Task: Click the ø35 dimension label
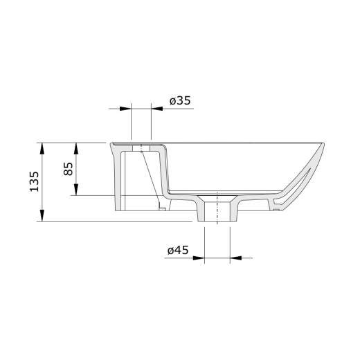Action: point(180,101)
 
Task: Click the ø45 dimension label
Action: point(178,250)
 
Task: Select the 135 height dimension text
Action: point(35,181)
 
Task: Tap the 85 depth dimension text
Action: point(69,169)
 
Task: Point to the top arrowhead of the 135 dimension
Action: point(42,148)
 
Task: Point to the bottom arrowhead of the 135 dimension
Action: point(42,215)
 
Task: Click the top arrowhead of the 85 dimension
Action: point(76,149)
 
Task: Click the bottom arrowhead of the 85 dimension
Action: point(76,190)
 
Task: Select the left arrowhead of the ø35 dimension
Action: point(125,109)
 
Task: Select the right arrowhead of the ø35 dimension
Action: point(157,109)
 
